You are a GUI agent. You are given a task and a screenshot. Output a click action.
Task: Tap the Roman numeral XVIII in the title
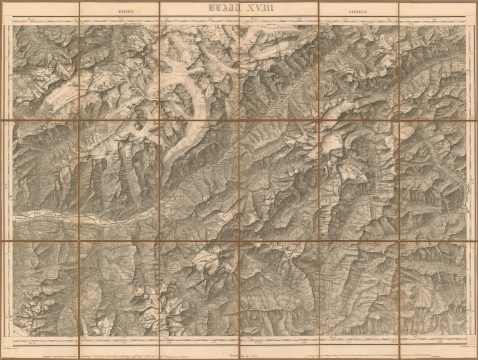coord(258,9)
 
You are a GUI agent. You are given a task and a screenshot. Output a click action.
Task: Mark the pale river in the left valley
coord(60,214)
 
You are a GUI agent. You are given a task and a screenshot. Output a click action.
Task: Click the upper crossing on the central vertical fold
coord(240,121)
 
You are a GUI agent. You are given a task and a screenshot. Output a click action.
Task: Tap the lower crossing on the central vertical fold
coord(240,242)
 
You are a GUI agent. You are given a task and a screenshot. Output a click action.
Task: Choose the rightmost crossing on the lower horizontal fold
coord(398,242)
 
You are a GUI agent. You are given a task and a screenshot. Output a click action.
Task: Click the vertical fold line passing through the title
coord(240,60)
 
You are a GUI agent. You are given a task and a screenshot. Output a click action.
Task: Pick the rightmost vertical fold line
coord(398,180)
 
